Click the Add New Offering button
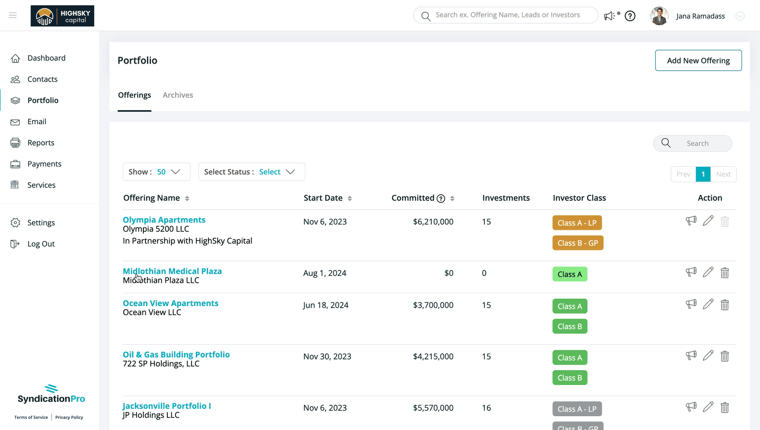(x=698, y=60)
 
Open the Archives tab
(x=178, y=95)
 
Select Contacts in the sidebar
(x=42, y=79)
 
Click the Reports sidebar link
(x=41, y=142)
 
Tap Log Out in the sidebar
(x=41, y=244)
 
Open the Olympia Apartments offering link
(x=164, y=220)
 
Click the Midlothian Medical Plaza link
(x=172, y=271)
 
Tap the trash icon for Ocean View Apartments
(x=725, y=305)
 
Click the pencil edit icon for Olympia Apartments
(x=708, y=221)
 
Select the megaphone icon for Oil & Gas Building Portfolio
(x=691, y=355)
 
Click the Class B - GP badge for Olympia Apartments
(x=578, y=243)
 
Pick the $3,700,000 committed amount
(x=433, y=305)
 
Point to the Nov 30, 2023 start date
(x=327, y=356)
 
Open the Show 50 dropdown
(x=157, y=172)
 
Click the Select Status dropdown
(x=252, y=172)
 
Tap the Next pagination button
(x=723, y=174)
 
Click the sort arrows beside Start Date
(x=350, y=199)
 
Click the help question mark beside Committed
(x=441, y=199)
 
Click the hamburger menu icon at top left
(x=13, y=15)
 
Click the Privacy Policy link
(x=69, y=417)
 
